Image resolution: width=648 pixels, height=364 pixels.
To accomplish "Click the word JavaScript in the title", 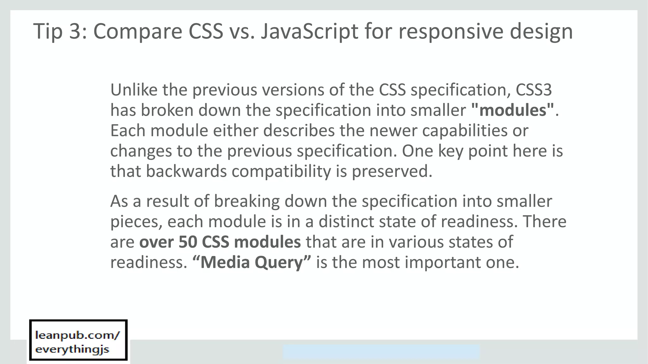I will tap(309, 31).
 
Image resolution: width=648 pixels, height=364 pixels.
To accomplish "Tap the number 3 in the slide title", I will tap(75, 31).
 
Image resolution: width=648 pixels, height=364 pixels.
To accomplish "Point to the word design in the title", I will tap(541, 31).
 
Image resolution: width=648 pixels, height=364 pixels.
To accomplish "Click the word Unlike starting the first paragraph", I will tap(134, 90).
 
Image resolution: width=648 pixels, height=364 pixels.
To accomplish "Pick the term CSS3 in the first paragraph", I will tap(534, 90).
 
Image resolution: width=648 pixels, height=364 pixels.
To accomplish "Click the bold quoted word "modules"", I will tap(513, 110).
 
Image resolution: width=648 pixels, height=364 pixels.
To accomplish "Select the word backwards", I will tap(186, 171).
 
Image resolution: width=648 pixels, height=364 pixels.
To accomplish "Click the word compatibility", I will tap(281, 171).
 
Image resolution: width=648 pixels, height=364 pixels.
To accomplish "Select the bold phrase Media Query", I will tap(252, 262).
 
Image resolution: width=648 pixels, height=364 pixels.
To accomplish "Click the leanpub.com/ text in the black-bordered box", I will tap(78, 335).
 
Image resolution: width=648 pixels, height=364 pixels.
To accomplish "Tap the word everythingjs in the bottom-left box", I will tap(72, 349).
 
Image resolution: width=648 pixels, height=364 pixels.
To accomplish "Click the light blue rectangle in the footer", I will tap(381, 352).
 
